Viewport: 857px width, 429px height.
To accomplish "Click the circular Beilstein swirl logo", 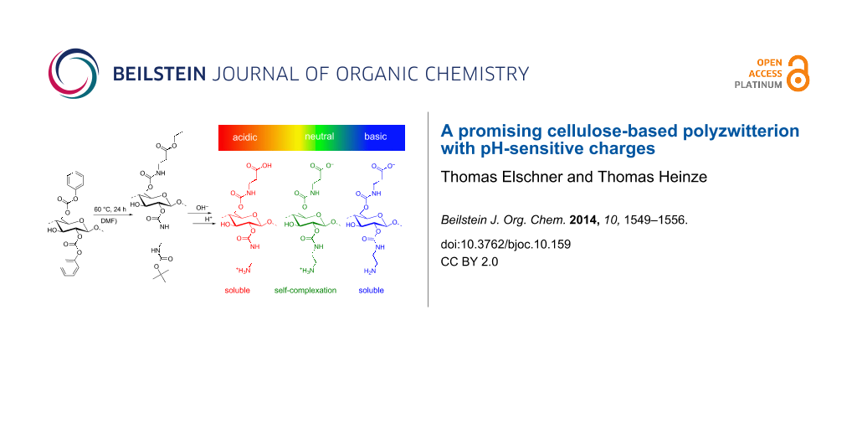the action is pyautogui.click(x=74, y=74).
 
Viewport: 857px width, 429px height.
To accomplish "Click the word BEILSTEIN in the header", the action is pyautogui.click(x=160, y=74).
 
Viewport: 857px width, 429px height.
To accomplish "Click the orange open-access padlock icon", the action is pyautogui.click(x=798, y=73).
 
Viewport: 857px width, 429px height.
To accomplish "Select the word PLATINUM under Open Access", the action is pyautogui.click(x=758, y=85).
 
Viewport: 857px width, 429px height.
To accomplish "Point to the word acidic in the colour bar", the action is pyautogui.click(x=244, y=137).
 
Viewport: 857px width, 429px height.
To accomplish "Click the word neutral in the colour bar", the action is pyautogui.click(x=319, y=137).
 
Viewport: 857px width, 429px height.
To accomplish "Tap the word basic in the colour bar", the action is pyautogui.click(x=376, y=137).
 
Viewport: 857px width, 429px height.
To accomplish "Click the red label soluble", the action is pyautogui.click(x=237, y=290).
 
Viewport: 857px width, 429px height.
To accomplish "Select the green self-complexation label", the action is pyautogui.click(x=305, y=290).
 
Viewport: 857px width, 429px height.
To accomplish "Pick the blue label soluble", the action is pyautogui.click(x=371, y=290).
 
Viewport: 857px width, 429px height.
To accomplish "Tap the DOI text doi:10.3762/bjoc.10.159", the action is pyautogui.click(x=505, y=244).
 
